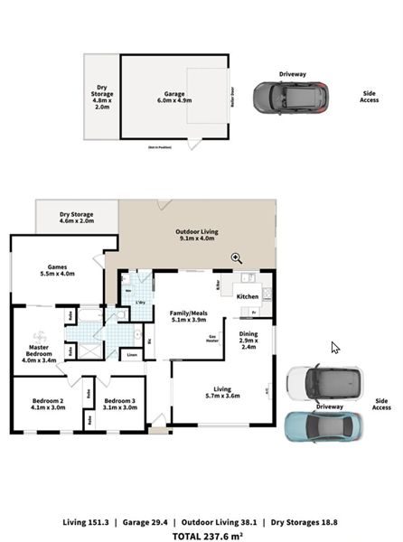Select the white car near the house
point(323,382)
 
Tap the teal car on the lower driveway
point(323,425)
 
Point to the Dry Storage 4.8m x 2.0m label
point(102,97)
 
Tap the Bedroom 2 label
point(48,403)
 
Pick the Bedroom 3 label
point(119,403)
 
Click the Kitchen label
point(247,296)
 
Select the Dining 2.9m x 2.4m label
point(248,340)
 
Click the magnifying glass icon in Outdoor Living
point(237,258)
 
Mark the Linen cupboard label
point(131,355)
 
